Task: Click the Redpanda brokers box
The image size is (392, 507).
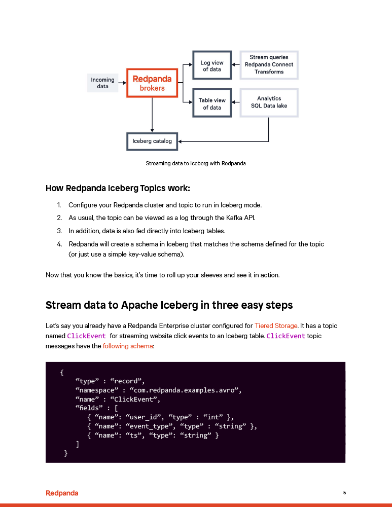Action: [x=152, y=83]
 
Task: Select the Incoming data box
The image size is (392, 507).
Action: [x=102, y=83]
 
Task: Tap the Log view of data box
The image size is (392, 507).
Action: [x=212, y=66]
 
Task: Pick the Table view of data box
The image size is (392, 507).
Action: [x=212, y=103]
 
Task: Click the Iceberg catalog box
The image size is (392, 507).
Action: [x=152, y=141]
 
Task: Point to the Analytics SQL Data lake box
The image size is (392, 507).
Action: [x=269, y=102]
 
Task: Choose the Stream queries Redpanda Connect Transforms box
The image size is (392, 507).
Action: [x=269, y=65]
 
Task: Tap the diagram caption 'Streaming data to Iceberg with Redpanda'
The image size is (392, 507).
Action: [x=196, y=163]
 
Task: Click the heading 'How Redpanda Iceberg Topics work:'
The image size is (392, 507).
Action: [x=118, y=189]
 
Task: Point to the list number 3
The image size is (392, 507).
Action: [x=59, y=231]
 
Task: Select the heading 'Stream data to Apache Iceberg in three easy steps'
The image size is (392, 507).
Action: [x=169, y=305]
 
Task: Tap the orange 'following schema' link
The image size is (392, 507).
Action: [x=127, y=346]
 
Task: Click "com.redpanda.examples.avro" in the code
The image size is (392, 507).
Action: [x=185, y=390]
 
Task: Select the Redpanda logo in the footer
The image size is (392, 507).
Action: [x=62, y=493]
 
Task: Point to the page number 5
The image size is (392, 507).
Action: [x=345, y=492]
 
